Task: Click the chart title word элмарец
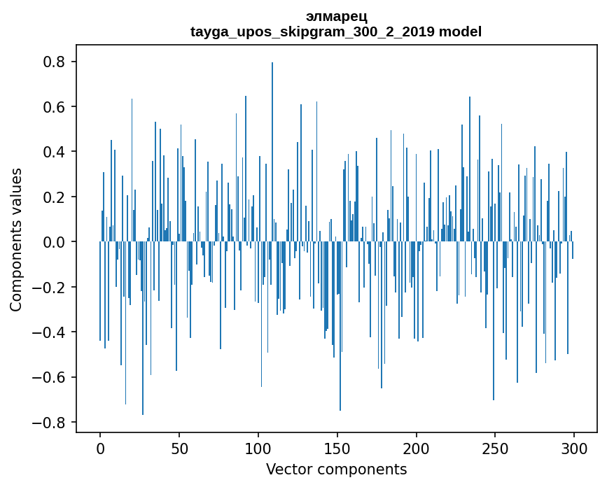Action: pyautogui.click(x=336, y=16)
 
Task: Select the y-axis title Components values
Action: pyautogui.click(x=16, y=239)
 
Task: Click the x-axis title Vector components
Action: pyautogui.click(x=336, y=469)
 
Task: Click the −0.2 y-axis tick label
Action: pyautogui.click(x=50, y=288)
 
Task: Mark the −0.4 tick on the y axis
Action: pyautogui.click(x=50, y=332)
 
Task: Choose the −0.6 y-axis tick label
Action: pyautogui.click(x=50, y=377)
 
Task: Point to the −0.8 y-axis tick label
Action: pyautogui.click(x=50, y=423)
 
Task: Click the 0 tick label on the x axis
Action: pyautogui.click(x=100, y=449)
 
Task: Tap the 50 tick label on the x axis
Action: pyautogui.click(x=179, y=449)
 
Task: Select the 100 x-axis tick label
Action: pyautogui.click(x=258, y=449)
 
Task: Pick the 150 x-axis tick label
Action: pyautogui.click(x=337, y=449)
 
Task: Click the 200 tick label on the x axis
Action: pyautogui.click(x=417, y=449)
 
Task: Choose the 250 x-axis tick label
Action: pyautogui.click(x=496, y=449)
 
